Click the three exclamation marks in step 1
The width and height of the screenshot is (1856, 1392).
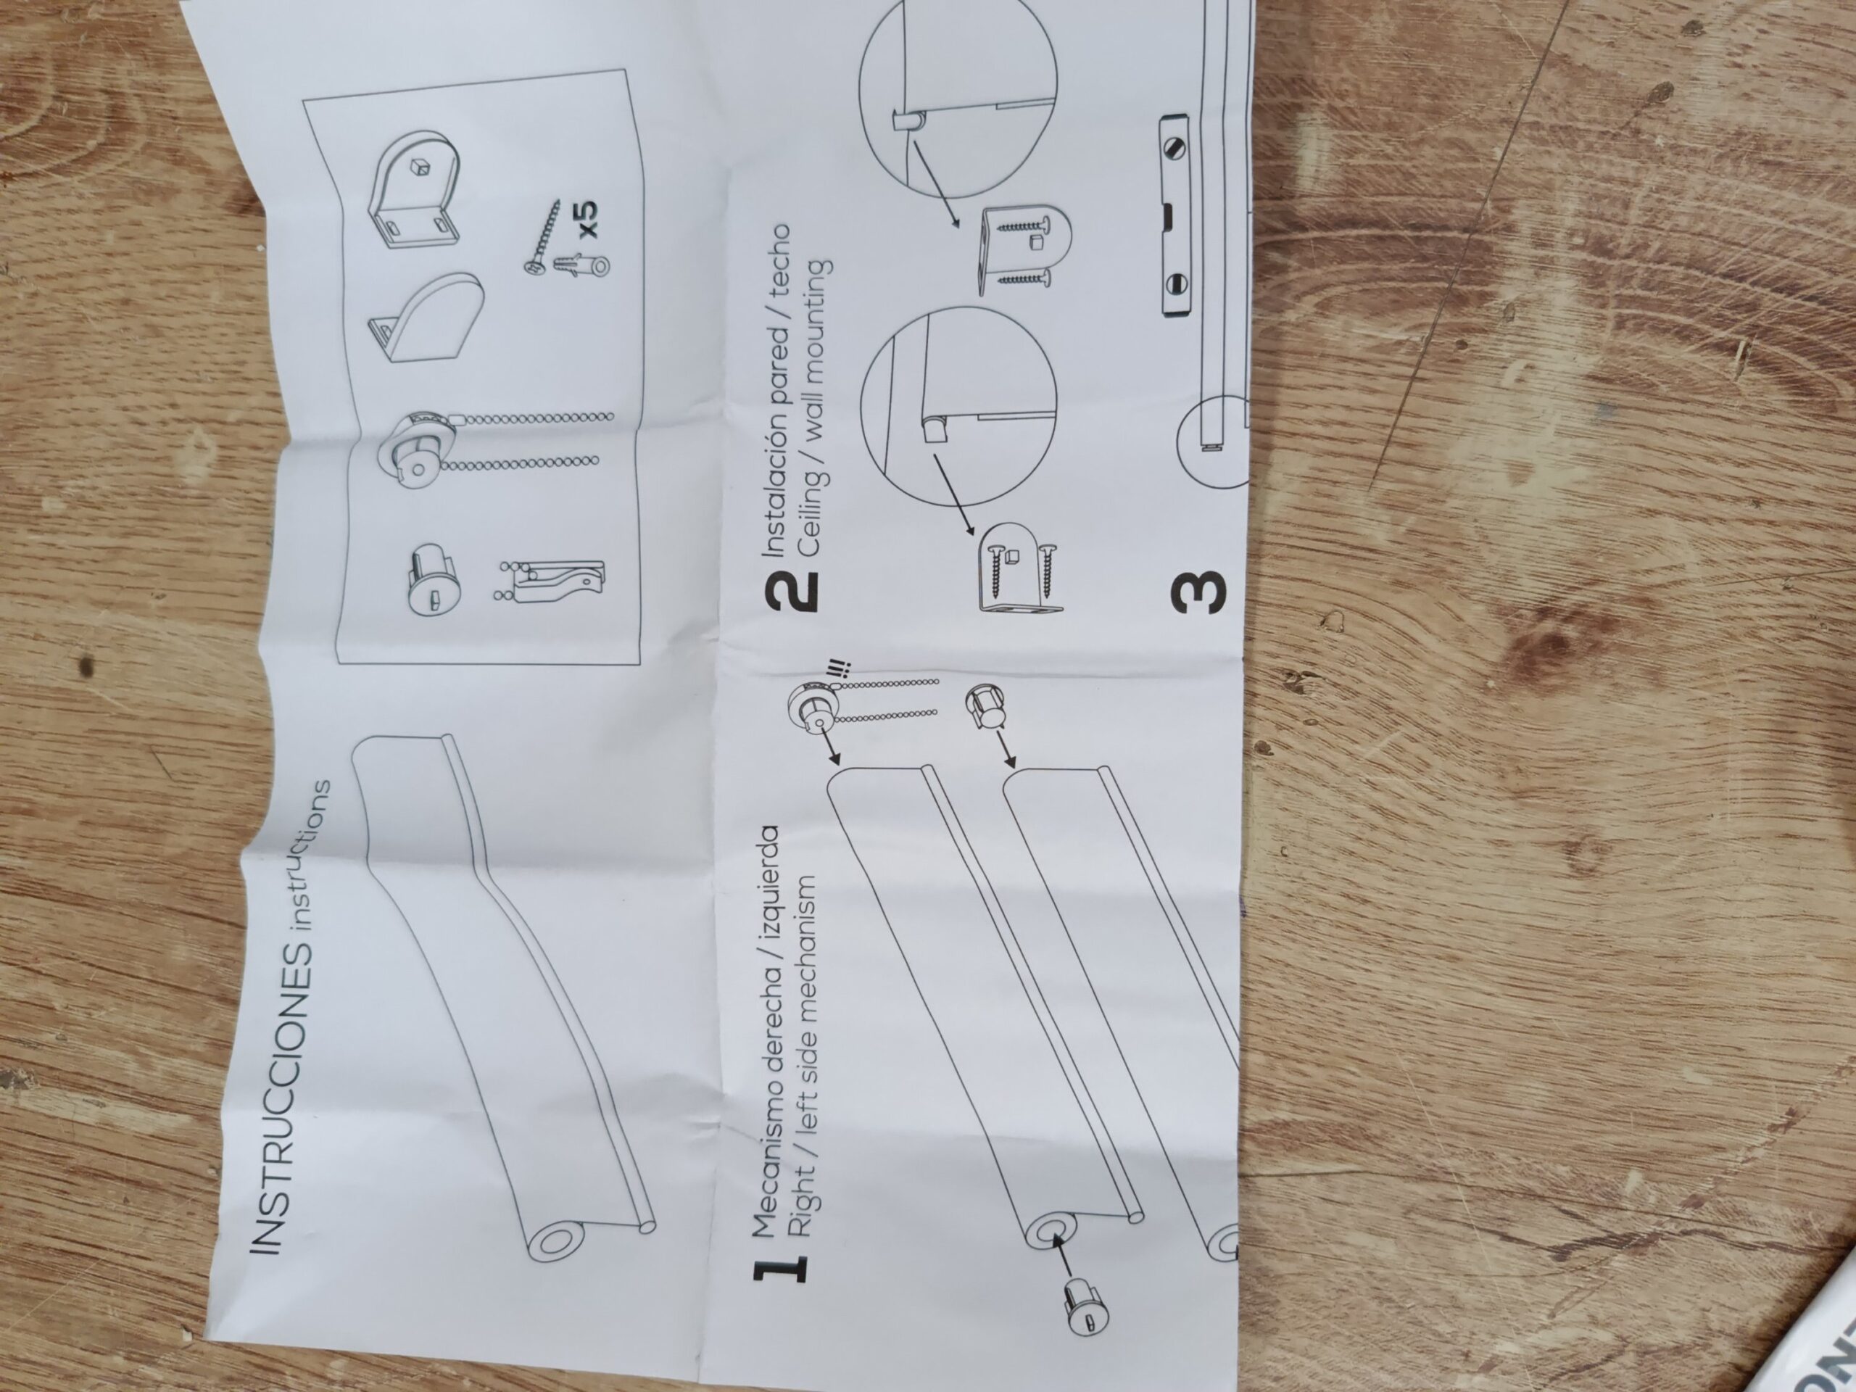[x=838, y=671]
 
